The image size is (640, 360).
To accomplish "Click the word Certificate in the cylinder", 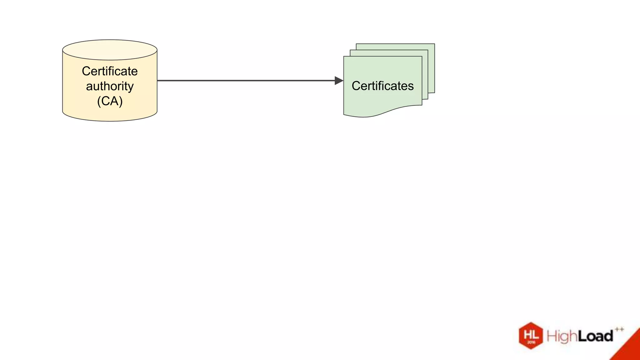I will click(110, 71).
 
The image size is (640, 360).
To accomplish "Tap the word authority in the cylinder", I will click(110, 86).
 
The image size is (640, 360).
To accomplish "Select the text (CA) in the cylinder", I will click(110, 101).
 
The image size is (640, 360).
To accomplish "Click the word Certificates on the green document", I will click(382, 86).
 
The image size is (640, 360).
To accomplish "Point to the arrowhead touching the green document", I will click(339, 81).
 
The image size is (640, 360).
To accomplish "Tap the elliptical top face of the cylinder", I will click(110, 50).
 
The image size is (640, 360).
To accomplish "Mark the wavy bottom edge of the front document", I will click(383, 112).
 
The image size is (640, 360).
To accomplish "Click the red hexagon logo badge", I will click(531, 336).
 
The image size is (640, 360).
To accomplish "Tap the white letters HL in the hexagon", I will click(531, 334).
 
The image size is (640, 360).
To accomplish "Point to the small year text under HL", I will click(531, 342).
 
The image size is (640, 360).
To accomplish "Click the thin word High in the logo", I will click(561, 337).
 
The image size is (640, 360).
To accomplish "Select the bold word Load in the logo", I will click(595, 336).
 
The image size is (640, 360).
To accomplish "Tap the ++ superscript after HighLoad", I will click(619, 329).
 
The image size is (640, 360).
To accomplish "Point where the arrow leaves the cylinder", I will click(158, 81).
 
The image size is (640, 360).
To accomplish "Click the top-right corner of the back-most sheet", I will click(434, 44).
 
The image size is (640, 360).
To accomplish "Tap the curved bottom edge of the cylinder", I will click(110, 121).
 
